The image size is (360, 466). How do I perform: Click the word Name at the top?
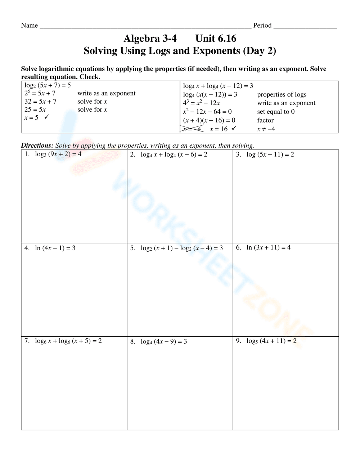[29, 25]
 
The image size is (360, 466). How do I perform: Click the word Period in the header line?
[262, 25]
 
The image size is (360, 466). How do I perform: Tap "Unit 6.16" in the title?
[216, 38]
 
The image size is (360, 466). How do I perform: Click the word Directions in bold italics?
[37, 145]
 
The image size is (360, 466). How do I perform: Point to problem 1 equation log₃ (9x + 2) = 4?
[58, 154]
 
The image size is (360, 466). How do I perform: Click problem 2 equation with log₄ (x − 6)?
[174, 154]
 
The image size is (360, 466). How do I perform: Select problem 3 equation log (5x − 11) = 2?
[270, 154]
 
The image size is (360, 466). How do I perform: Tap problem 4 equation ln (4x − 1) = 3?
[55, 248]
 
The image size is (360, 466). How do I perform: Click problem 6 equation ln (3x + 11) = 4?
[268, 247]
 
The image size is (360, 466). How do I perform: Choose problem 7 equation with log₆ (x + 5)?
[68, 341]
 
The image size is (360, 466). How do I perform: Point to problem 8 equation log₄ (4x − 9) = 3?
[163, 341]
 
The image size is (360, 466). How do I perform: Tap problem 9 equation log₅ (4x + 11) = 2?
[271, 341]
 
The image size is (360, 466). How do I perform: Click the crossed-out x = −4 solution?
[192, 129]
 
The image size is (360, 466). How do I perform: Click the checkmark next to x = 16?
[234, 128]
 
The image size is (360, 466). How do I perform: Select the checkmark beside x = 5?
[46, 117]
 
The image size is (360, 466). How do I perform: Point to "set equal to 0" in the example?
[276, 112]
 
